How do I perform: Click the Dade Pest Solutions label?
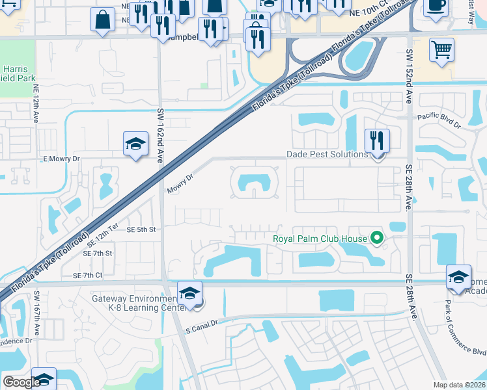pyautogui.click(x=327, y=155)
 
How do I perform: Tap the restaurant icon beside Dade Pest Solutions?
pyautogui.click(x=377, y=140)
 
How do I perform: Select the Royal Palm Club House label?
pyautogui.click(x=320, y=239)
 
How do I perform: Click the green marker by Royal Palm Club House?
pyautogui.click(x=376, y=239)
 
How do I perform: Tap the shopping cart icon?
pyautogui.click(x=441, y=49)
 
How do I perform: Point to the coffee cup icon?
pyautogui.click(x=436, y=6)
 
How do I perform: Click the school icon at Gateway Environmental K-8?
pyautogui.click(x=189, y=292)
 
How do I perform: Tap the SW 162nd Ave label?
pyautogui.click(x=160, y=136)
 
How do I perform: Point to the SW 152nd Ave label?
pyautogui.click(x=410, y=76)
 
